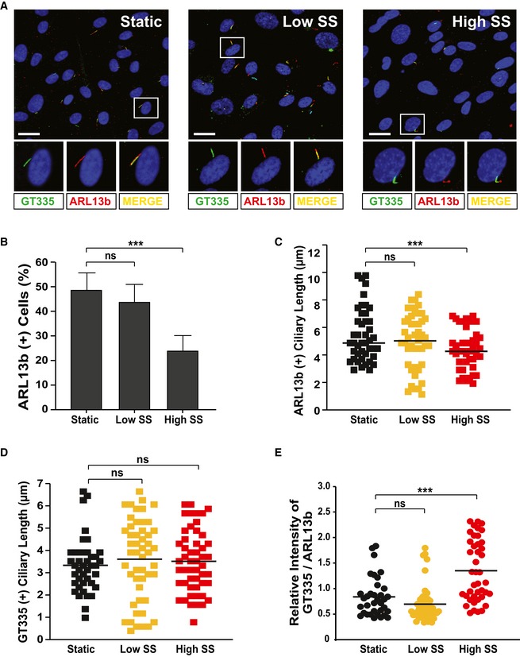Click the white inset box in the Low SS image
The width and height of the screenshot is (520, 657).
coord(231,48)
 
